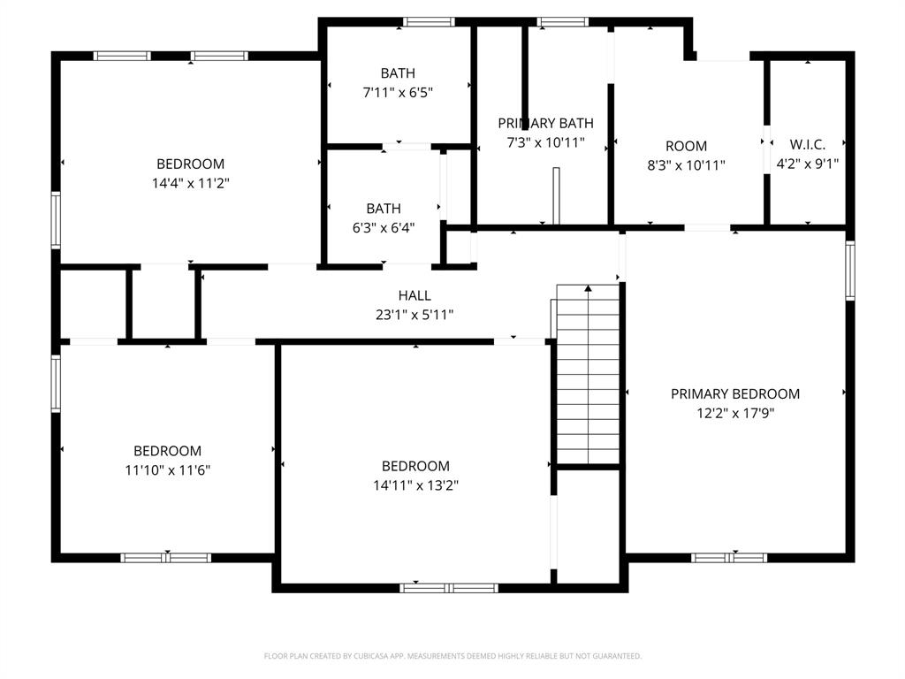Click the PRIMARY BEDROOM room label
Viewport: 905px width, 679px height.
click(734, 393)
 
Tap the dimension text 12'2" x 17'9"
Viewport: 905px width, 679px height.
click(734, 413)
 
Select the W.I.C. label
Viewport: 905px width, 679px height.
click(807, 144)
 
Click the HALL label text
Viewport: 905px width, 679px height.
click(414, 295)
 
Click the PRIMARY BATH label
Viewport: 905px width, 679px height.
click(545, 123)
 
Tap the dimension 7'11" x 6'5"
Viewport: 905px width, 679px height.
click(397, 92)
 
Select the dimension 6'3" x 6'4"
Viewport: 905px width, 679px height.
click(384, 227)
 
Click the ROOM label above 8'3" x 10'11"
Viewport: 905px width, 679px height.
click(686, 146)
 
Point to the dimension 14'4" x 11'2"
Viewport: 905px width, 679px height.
click(190, 183)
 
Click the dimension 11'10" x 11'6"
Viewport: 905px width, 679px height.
click(167, 469)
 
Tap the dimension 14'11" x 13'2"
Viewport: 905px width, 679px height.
click(415, 485)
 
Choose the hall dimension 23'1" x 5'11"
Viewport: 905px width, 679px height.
click(414, 314)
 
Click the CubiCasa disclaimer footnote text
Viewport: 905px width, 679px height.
click(452, 656)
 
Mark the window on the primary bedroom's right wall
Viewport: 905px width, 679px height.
click(849, 271)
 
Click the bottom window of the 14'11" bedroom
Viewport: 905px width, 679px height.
click(448, 587)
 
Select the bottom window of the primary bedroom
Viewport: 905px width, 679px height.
click(729, 557)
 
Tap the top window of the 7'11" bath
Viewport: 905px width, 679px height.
click(429, 21)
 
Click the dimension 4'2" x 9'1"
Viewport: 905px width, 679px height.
click(807, 164)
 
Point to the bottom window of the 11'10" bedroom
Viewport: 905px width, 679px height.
click(166, 557)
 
